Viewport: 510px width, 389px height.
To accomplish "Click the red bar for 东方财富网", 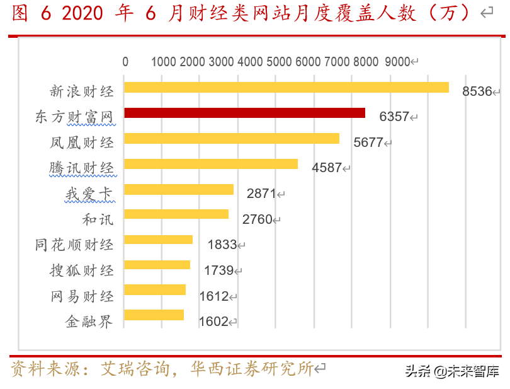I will pos(244,113).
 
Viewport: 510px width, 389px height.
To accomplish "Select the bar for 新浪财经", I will pos(286,87).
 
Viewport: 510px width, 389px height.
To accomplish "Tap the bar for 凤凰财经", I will pos(231,138).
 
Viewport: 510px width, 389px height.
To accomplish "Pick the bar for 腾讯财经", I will pos(211,164).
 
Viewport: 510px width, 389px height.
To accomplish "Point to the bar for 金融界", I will pos(154,315).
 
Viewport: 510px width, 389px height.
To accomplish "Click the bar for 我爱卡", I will pos(179,189).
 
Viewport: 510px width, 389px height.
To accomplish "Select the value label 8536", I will pos(477,91).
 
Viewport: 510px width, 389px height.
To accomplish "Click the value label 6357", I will pos(394,117).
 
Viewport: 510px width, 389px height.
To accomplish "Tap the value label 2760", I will pos(257,219).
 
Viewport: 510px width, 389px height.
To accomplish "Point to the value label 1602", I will pos(213,322).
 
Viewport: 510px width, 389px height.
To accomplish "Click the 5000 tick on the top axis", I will pos(278,62).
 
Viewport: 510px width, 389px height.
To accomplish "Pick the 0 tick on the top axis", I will pos(125,62).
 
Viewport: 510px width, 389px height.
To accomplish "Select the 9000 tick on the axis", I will pos(397,62).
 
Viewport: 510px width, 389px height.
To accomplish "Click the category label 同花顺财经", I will pos(74,245).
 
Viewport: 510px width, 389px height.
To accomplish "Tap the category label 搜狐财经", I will pos(82,270).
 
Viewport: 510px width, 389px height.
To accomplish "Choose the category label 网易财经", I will pos(82,296).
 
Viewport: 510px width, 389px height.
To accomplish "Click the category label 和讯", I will pos(98,219).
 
